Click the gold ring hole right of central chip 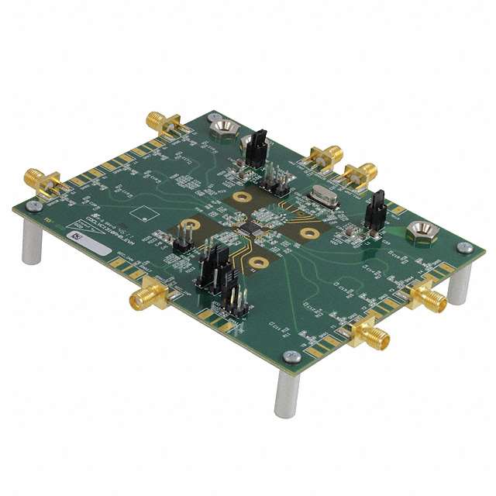pyautogui.click(x=308, y=232)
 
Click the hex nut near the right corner pyautogui.click(x=421, y=231)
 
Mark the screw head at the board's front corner pyautogui.click(x=291, y=356)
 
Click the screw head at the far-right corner pyautogui.click(x=465, y=247)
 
